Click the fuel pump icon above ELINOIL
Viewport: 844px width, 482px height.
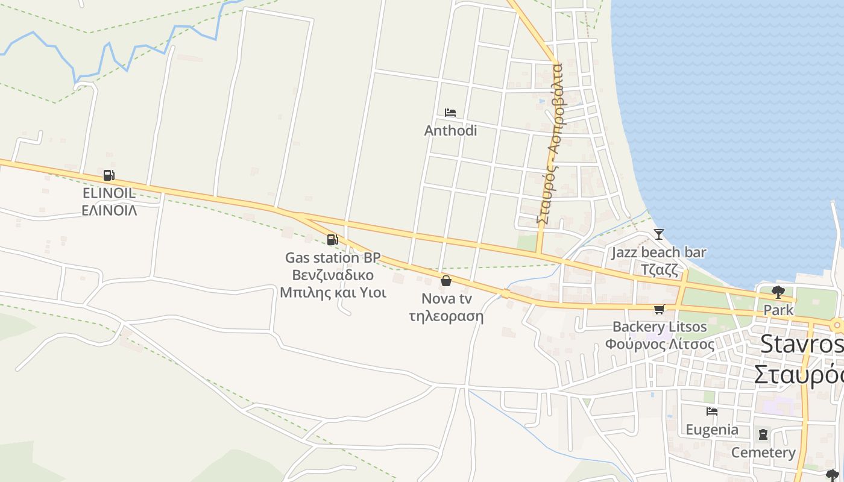point(109,175)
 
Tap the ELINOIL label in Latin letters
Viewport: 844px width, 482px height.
point(109,193)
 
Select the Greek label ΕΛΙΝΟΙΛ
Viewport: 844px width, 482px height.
point(109,210)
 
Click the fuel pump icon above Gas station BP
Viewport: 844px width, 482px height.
point(332,240)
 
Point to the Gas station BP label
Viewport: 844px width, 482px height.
point(333,258)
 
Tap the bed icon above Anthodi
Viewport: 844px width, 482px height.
point(450,113)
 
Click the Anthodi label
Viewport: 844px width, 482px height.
point(450,131)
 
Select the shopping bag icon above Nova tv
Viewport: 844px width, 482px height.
point(446,281)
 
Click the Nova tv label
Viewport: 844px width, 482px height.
point(446,299)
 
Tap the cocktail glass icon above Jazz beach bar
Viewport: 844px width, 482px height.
point(658,234)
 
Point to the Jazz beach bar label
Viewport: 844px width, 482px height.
point(658,252)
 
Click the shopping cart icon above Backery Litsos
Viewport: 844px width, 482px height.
point(659,309)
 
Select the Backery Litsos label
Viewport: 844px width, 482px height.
point(660,327)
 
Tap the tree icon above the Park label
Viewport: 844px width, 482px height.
point(778,292)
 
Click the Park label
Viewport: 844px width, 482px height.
point(779,310)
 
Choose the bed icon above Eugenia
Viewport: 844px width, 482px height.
point(712,412)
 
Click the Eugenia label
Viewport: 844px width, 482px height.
point(712,430)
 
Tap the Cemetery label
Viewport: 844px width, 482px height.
point(763,452)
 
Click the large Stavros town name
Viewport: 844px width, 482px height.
point(801,344)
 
